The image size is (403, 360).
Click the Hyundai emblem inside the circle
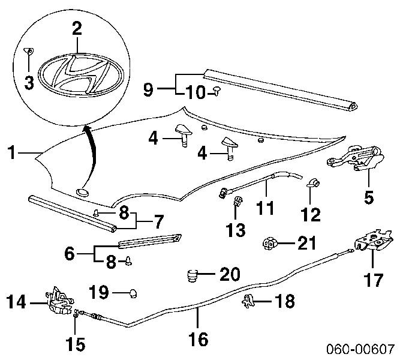tap(81, 75)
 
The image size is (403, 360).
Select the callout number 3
tap(29, 83)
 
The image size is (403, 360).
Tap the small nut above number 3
tap(29, 51)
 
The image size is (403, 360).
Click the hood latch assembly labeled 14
tap(59, 301)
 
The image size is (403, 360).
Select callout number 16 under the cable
tap(199, 339)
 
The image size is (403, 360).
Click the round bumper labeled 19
tap(133, 293)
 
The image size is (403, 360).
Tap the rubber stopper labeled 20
tap(192, 275)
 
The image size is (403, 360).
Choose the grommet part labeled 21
tap(269, 243)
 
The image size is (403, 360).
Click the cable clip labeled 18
tap(248, 301)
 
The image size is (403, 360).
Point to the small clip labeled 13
tap(237, 200)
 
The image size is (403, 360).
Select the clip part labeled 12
tap(314, 183)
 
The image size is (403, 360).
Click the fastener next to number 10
tap(217, 91)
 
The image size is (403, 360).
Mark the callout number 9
tap(148, 90)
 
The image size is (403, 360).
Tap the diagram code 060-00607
tap(360, 349)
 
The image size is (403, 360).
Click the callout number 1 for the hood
tap(11, 152)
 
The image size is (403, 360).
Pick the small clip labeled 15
tap(76, 313)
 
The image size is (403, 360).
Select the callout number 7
tap(158, 222)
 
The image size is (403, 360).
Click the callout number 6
tap(70, 253)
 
